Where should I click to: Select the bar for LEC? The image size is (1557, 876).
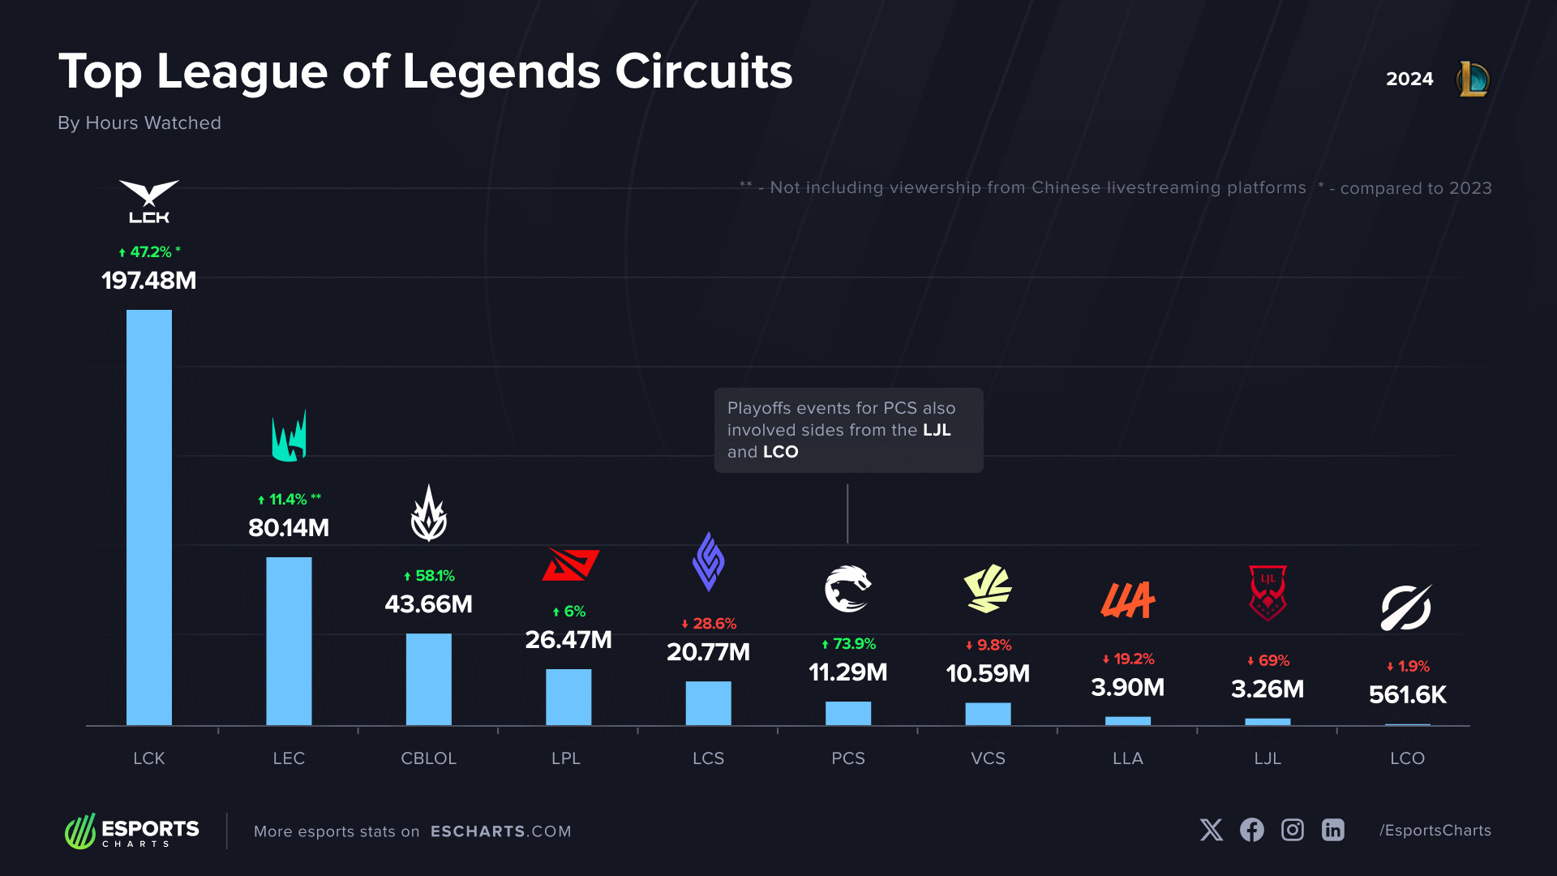289,641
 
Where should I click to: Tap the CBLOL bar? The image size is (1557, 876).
428,679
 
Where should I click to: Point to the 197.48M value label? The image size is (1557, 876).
149,281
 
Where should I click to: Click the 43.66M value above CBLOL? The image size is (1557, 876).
428,604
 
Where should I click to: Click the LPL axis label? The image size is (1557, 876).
566,758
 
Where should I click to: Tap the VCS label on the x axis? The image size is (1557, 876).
988,758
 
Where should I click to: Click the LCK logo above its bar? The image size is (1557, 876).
149,201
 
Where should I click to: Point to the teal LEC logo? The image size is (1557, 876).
289,436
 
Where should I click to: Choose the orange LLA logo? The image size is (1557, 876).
1127,600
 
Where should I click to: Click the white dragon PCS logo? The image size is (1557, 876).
847,589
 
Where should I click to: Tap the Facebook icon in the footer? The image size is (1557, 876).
1251,830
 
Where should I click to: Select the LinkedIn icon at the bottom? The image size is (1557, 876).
1332,830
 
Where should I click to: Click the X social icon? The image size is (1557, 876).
1211,830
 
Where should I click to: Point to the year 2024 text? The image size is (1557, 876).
1409,79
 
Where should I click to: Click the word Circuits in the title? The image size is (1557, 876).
703,71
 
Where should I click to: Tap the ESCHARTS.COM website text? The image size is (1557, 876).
500,831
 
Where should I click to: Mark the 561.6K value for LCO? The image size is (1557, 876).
1407,695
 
